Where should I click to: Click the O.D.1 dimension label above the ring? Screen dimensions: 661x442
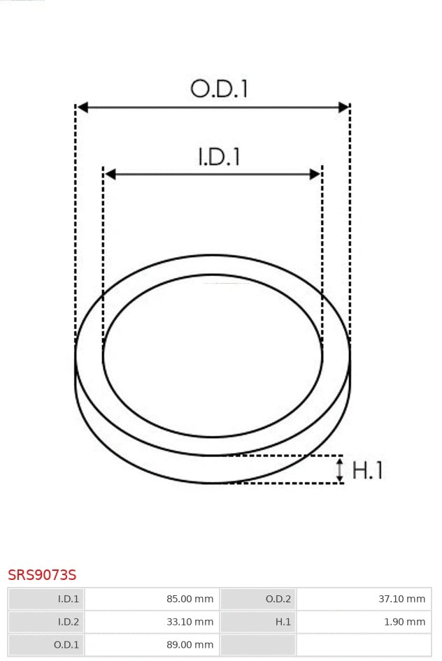point(219,89)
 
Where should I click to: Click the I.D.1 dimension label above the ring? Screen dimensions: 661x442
point(219,156)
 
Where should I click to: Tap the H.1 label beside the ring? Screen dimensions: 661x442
point(367,470)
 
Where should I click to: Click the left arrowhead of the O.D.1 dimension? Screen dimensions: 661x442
point(83,107)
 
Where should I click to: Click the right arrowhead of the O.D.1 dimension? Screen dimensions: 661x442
point(343,107)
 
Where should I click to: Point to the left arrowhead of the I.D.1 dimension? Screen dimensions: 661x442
point(110,174)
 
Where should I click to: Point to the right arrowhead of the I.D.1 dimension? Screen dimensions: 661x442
point(315,174)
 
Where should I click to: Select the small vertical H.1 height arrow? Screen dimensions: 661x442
point(340,470)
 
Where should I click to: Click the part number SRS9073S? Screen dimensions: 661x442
point(42,575)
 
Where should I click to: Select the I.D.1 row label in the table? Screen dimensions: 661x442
point(69,599)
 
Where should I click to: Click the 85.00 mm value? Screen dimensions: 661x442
point(190,599)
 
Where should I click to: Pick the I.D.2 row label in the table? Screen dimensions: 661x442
point(69,621)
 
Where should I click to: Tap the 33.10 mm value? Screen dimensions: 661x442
point(190,621)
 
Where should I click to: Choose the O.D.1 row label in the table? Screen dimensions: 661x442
point(67,644)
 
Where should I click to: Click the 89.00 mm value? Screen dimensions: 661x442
point(190,644)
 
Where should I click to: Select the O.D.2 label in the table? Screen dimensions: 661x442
point(278,599)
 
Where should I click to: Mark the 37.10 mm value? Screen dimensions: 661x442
point(401,599)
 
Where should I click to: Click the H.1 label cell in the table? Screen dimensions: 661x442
point(283,621)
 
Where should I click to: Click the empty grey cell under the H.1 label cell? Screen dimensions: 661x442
point(258,644)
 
